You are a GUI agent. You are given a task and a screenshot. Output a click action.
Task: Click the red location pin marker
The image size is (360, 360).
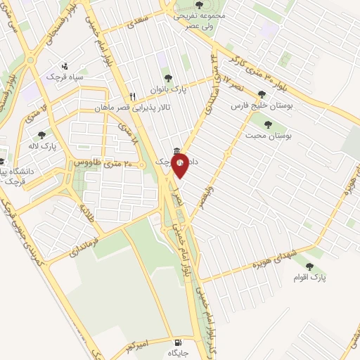(179, 166)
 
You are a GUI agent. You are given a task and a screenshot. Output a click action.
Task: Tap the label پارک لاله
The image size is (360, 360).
(58, 146)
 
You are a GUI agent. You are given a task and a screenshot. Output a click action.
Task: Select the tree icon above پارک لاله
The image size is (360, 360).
(41, 134)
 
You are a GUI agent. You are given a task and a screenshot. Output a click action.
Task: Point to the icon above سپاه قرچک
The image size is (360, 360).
(65, 65)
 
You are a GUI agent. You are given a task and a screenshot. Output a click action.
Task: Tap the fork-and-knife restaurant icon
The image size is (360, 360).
(131, 97)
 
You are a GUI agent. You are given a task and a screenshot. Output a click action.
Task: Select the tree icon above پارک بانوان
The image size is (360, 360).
(167, 79)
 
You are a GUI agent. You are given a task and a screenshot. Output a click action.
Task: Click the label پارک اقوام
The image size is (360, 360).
(310, 278)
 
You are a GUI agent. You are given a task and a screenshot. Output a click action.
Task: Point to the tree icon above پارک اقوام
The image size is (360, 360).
(310, 266)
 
